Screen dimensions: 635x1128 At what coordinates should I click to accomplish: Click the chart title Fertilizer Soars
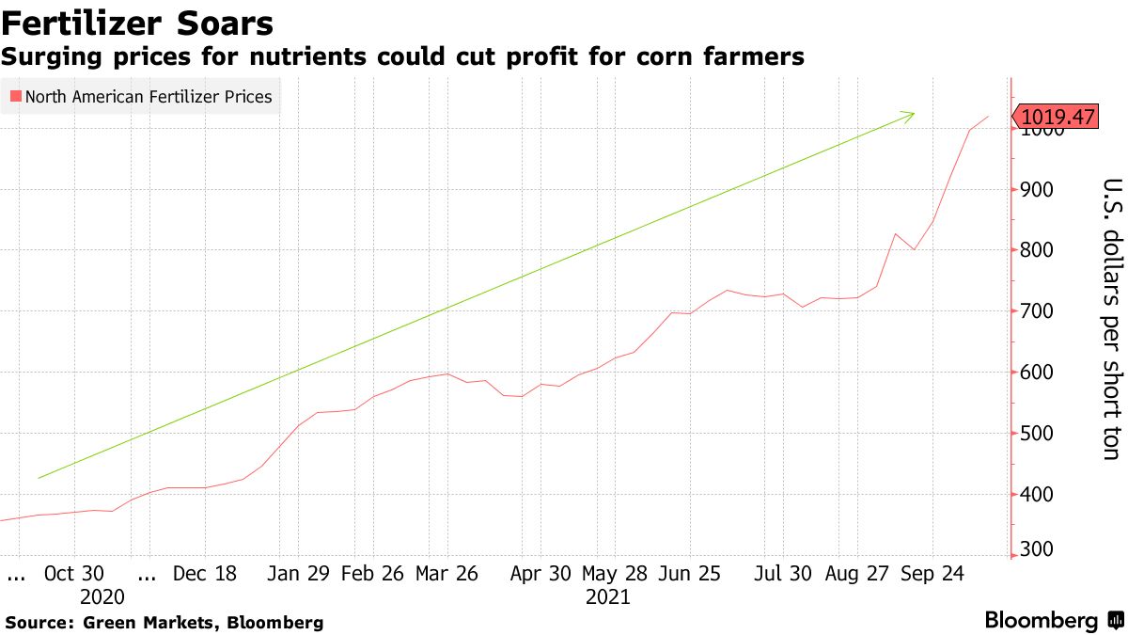click(x=138, y=23)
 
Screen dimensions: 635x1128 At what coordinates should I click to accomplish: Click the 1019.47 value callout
click(x=1057, y=117)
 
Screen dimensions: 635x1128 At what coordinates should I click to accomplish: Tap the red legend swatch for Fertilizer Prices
click(x=14, y=96)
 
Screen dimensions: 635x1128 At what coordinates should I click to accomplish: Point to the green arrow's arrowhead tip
click(x=914, y=114)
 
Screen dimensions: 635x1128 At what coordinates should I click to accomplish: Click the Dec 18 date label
click(x=206, y=575)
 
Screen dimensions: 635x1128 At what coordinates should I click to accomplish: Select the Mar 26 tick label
click(x=446, y=575)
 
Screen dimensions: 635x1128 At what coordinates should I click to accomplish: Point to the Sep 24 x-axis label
click(x=933, y=575)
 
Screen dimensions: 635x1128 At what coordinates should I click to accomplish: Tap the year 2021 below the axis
click(x=608, y=597)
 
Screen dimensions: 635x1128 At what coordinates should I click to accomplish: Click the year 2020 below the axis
click(x=102, y=597)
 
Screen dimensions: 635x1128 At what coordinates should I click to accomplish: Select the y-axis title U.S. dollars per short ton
click(x=1110, y=320)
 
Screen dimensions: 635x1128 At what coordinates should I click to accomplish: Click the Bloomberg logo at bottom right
click(x=1042, y=621)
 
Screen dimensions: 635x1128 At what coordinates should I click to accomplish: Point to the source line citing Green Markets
click(x=164, y=623)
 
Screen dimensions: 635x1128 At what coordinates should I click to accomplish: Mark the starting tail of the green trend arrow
click(x=39, y=478)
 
